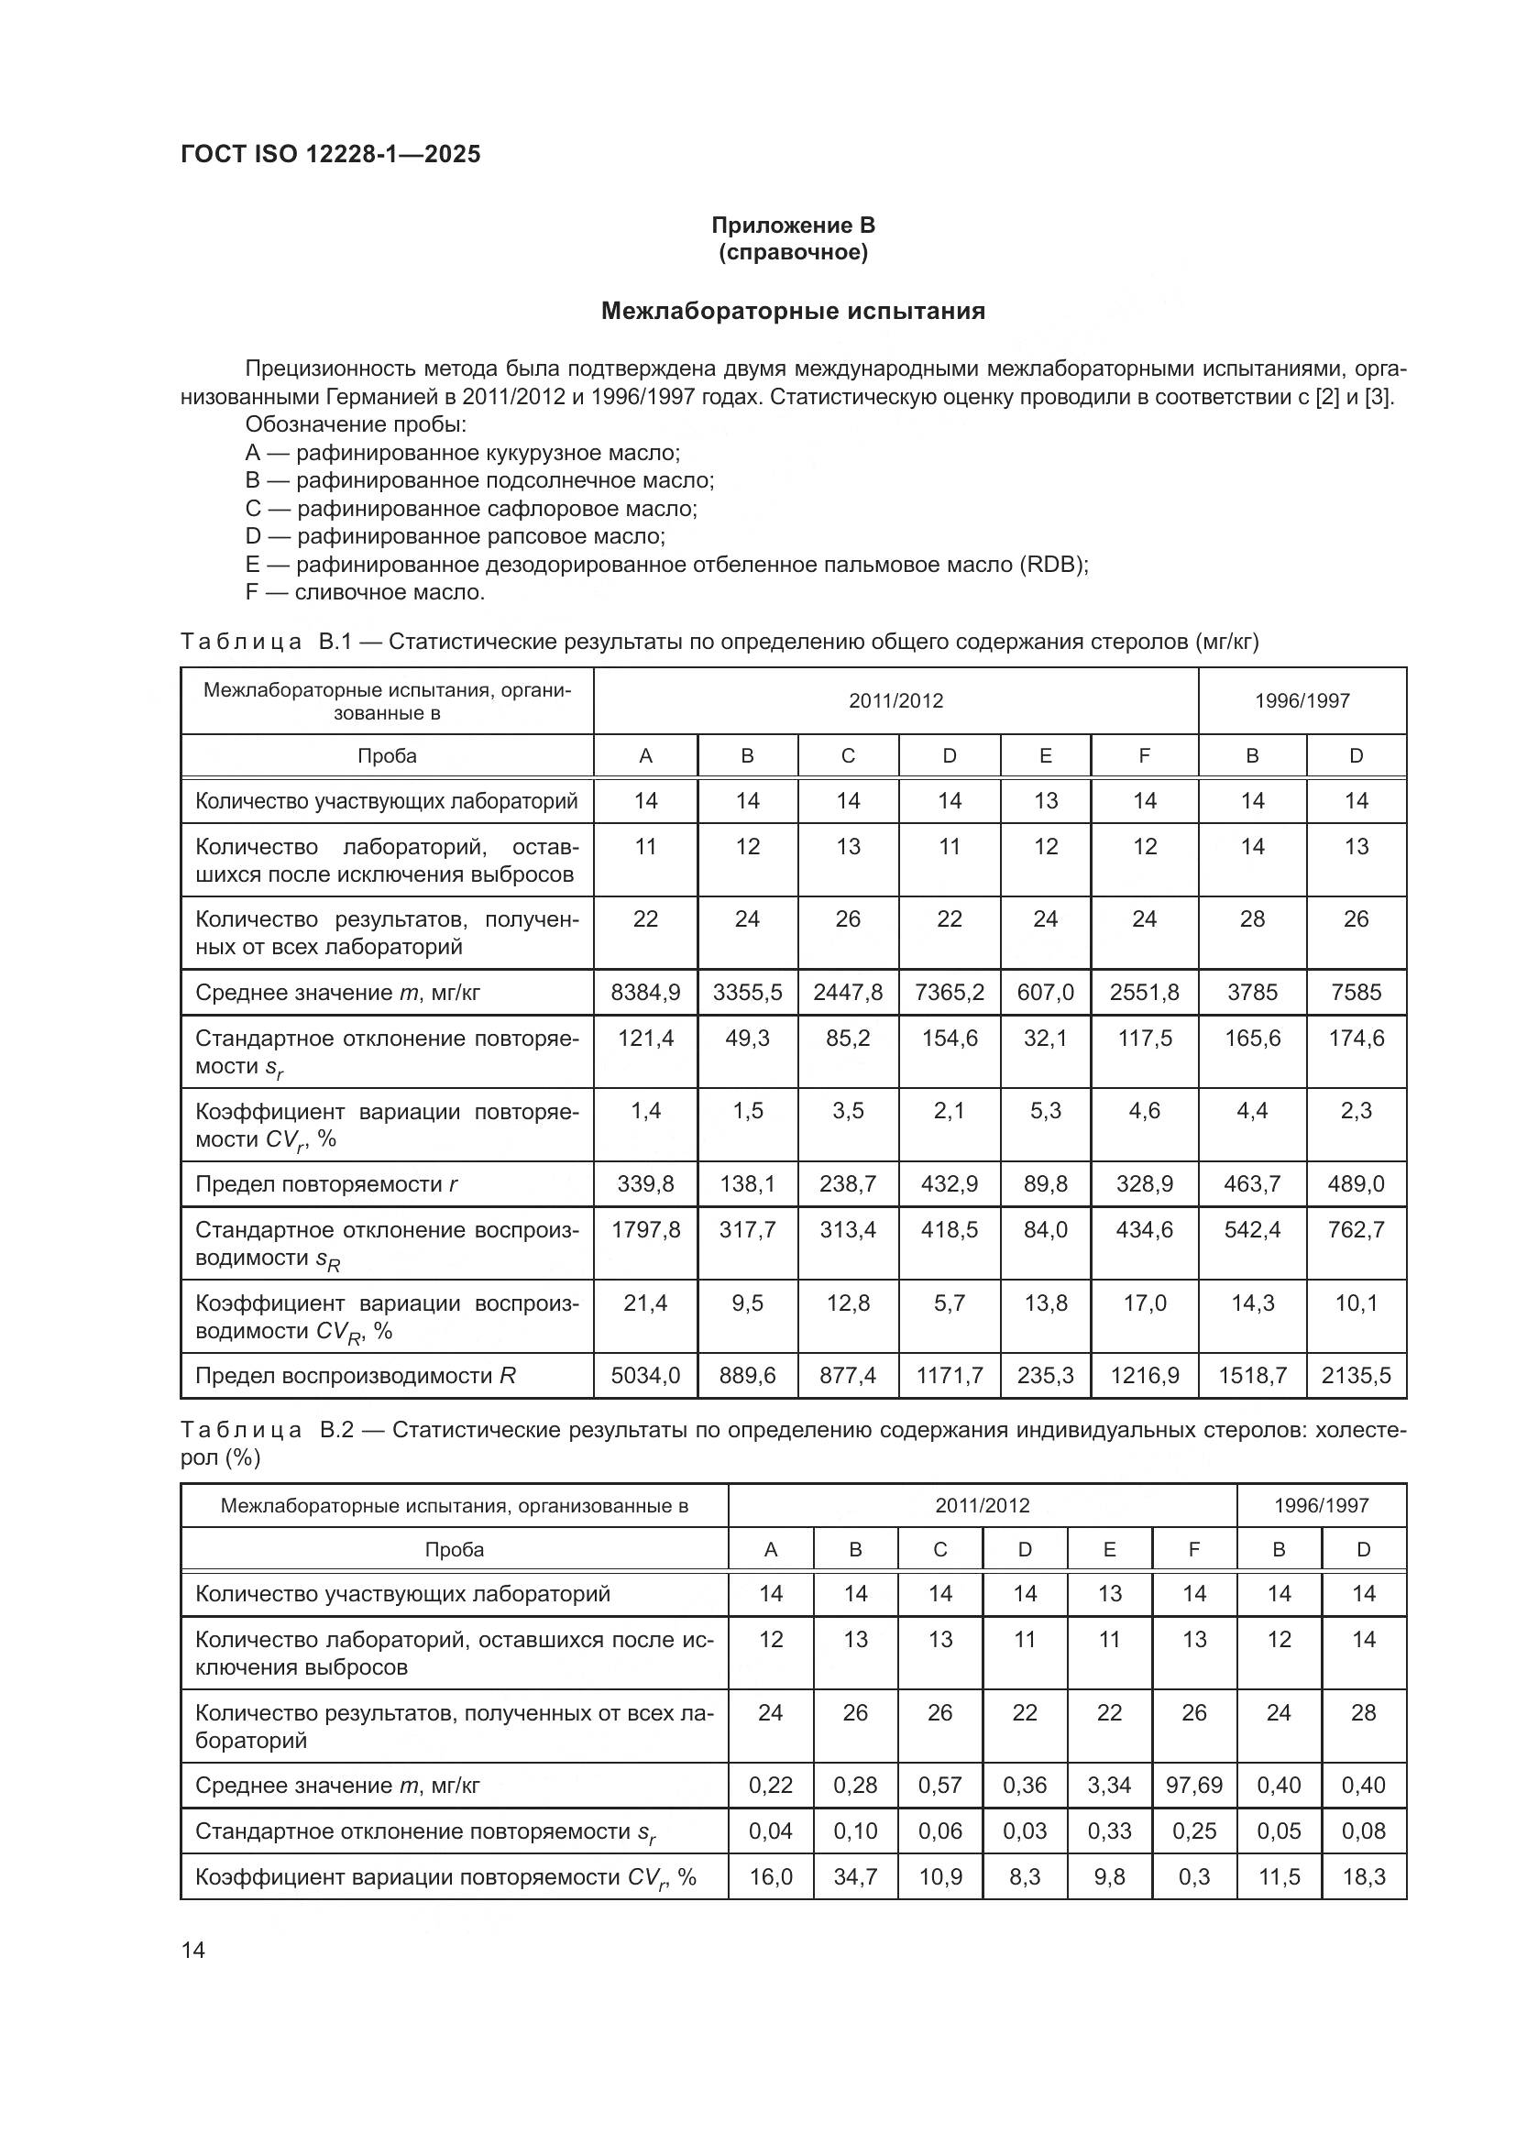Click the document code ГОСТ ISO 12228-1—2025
(x=331, y=154)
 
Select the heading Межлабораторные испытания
(x=793, y=311)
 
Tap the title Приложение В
(x=793, y=225)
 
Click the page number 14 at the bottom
(x=193, y=1950)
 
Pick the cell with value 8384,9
(x=645, y=993)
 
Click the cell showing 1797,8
(x=645, y=1230)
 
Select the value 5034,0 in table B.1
(x=645, y=1376)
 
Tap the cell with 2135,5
(x=1356, y=1376)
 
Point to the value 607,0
(x=1045, y=993)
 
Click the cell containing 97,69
(x=1194, y=1786)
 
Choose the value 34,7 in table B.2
(x=855, y=1877)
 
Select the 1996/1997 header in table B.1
(x=1302, y=700)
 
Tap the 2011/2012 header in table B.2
(x=982, y=1505)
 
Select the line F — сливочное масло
(x=365, y=592)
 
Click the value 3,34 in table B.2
(x=1109, y=1786)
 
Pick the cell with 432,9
(x=949, y=1184)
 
